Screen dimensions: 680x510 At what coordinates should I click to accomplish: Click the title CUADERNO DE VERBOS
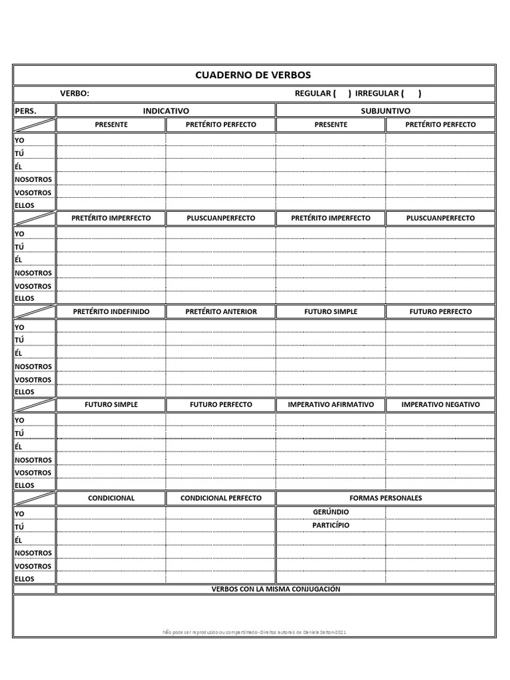[253, 75]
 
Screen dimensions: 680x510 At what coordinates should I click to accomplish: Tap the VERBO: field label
[74, 94]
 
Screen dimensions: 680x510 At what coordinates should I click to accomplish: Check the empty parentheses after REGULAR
[342, 94]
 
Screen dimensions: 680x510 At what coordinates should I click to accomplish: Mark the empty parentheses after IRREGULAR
[412, 94]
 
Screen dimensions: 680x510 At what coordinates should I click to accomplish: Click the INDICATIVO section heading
[166, 111]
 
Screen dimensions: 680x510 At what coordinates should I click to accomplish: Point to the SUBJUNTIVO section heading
[385, 111]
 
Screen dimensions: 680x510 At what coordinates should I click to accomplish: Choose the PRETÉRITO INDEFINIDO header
[111, 311]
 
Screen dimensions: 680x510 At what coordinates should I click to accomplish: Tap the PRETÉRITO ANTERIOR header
[221, 311]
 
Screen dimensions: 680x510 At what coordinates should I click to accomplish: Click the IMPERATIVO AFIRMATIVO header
[331, 404]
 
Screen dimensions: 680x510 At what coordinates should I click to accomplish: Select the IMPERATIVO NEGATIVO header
[440, 404]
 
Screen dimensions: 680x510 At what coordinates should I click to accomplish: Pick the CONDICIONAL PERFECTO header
[221, 498]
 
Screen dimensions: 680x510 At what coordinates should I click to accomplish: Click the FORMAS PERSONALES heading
[385, 498]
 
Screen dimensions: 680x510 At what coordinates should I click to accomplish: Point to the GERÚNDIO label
[331, 512]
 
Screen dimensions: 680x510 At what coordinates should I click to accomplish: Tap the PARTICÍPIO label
[331, 525]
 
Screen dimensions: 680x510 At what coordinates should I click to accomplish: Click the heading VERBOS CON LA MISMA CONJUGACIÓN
[276, 589]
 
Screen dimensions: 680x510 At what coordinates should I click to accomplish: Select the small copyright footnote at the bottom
[254, 632]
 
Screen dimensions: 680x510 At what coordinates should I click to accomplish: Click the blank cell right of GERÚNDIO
[440, 512]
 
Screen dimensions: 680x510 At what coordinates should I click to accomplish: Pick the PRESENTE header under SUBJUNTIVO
[331, 125]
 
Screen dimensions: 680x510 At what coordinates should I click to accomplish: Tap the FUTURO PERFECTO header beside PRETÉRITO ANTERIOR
[440, 311]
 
